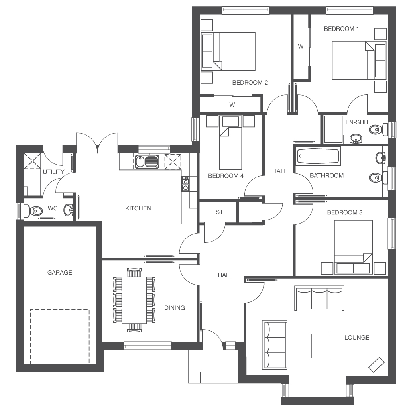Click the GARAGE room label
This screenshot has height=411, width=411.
pos(60,273)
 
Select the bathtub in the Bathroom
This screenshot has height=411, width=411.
pos(318,156)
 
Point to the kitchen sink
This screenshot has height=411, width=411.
pos(147,162)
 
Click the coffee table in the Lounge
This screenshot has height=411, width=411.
pos(319,345)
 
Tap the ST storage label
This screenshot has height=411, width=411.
pos(219,212)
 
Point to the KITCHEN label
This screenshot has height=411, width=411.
pos(138,208)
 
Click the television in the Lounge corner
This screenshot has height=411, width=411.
pos(376,364)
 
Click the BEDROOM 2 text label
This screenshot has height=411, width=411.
pos(250,83)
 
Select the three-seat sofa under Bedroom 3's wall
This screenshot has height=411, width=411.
pos(319,298)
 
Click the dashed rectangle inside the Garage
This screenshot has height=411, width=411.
pos(59,336)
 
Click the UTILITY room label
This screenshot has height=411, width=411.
pos(53,172)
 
